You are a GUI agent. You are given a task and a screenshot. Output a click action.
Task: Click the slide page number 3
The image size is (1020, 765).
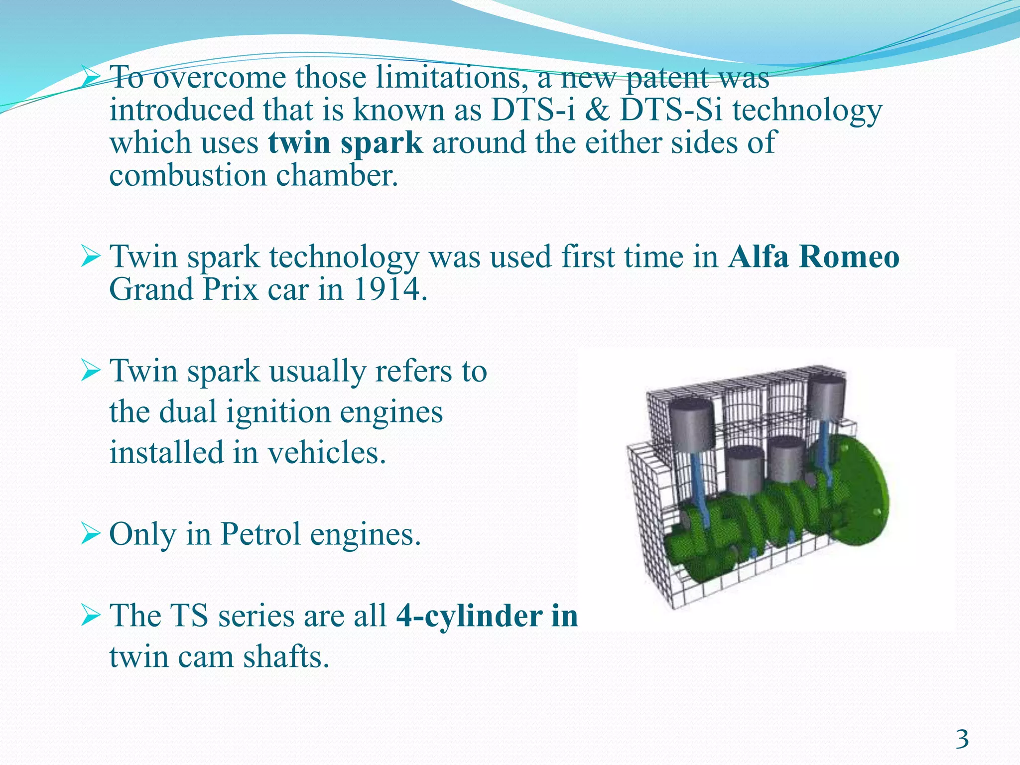(962, 739)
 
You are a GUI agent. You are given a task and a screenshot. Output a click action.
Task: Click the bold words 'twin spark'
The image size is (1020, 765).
(346, 142)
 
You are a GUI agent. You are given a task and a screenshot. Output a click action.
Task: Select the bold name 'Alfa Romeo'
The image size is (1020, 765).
(813, 257)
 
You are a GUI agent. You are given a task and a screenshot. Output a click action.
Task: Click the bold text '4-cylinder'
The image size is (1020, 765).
(468, 616)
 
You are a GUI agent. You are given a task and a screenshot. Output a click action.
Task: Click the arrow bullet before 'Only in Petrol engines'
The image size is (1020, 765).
(91, 535)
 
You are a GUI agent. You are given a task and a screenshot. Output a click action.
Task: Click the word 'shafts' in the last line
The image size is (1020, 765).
(286, 657)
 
